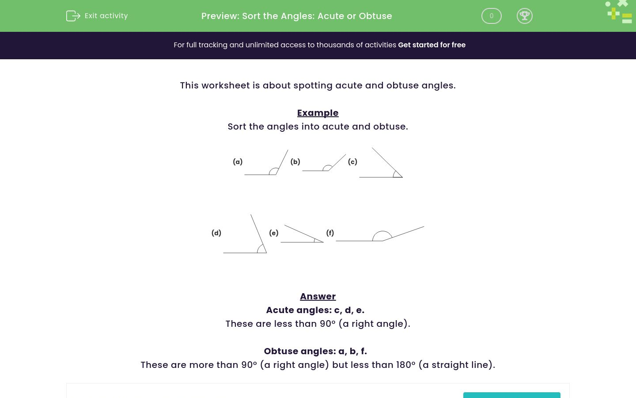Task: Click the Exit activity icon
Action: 73,16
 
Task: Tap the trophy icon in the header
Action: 524,16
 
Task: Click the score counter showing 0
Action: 491,16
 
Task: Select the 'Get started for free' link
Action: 432,45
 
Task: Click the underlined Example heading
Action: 318,113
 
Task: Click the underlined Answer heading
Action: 318,296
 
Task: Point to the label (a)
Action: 238,162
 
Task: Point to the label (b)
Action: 295,162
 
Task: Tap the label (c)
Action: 352,162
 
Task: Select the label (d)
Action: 216,233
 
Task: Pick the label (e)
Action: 273,233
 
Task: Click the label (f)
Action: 330,233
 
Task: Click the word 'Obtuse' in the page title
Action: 375,16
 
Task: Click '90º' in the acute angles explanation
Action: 328,324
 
